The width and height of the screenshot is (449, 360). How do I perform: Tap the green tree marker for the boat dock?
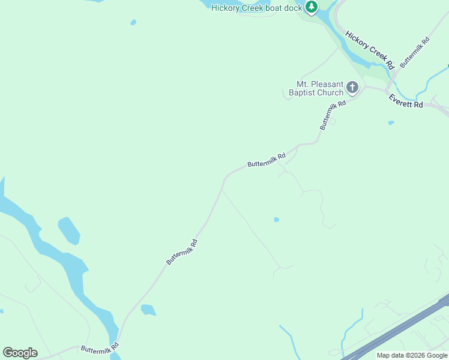(311, 7)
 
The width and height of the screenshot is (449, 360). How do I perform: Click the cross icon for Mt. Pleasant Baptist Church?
(352, 88)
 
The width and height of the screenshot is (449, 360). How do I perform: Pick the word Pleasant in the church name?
(328, 84)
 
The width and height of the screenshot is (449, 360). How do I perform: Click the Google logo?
(20, 353)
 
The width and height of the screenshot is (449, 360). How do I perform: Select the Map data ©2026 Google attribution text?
(412, 355)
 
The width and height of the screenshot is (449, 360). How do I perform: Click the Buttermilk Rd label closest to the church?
(334, 115)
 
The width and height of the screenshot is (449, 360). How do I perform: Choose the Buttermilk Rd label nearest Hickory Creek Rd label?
(415, 52)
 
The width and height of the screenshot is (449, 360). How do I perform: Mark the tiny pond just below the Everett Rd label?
(391, 123)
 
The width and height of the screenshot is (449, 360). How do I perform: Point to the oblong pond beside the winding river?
(68, 230)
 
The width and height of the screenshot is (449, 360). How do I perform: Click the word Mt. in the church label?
(304, 84)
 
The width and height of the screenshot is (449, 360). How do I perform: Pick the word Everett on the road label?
(400, 99)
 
